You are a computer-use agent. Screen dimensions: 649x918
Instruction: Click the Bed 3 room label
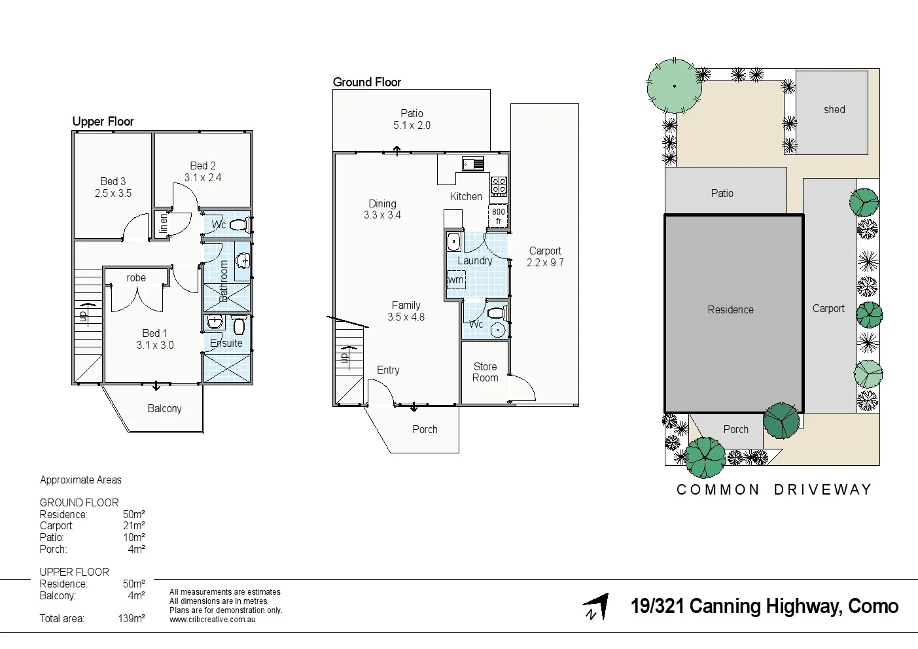pyautogui.click(x=113, y=181)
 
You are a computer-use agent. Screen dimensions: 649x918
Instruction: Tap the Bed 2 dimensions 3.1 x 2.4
pyautogui.click(x=202, y=178)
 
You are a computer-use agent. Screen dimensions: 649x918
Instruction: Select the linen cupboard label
pyautogui.click(x=164, y=224)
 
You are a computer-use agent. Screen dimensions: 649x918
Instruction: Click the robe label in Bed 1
pyautogui.click(x=136, y=278)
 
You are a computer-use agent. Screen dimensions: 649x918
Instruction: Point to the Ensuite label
pyautogui.click(x=226, y=343)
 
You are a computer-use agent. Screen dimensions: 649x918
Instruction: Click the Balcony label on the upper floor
pyautogui.click(x=164, y=409)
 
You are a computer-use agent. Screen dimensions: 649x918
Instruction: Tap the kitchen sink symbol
pyautogui.click(x=472, y=164)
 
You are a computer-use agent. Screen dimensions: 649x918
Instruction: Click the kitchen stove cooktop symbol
pyautogui.click(x=499, y=186)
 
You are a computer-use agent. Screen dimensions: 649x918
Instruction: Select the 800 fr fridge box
pyautogui.click(x=498, y=217)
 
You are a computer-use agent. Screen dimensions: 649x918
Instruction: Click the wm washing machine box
pyautogui.click(x=456, y=280)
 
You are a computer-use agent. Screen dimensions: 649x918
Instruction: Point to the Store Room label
pyautogui.click(x=485, y=372)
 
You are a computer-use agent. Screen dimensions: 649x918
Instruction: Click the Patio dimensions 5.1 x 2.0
pyautogui.click(x=412, y=126)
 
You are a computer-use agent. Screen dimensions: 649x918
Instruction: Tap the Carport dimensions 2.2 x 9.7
pyautogui.click(x=545, y=263)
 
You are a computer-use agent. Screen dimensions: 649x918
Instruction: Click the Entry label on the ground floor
pyautogui.click(x=388, y=370)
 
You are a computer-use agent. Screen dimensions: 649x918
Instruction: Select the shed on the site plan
pyautogui.click(x=832, y=113)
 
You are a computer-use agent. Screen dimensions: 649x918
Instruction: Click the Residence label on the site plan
pyautogui.click(x=730, y=310)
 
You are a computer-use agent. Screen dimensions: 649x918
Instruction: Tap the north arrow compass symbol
pyautogui.click(x=596, y=607)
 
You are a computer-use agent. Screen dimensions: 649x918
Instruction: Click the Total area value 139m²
pyautogui.click(x=132, y=619)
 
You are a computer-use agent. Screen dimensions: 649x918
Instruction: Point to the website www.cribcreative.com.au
pyautogui.click(x=212, y=620)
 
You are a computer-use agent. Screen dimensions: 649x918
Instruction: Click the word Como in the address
pyautogui.click(x=873, y=606)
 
